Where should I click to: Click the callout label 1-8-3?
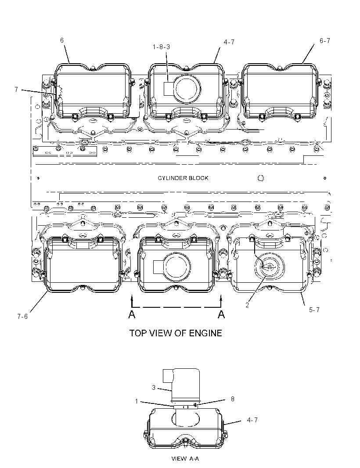coord(161,47)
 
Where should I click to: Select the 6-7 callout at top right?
coord(325,41)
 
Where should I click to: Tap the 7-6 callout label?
coord(22,317)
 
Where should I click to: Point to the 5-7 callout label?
coord(314,310)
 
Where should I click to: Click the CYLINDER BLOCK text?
coord(183,178)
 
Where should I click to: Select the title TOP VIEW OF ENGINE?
coord(176,333)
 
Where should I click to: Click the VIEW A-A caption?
coord(185,458)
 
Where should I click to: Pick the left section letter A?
coord(132,314)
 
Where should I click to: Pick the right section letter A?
coord(221,314)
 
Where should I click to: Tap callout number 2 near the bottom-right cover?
coord(247,305)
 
